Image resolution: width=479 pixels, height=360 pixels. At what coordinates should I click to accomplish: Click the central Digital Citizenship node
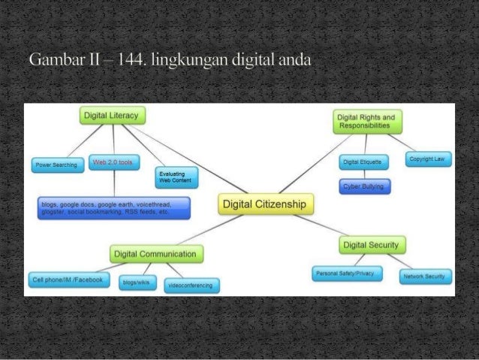(x=267, y=204)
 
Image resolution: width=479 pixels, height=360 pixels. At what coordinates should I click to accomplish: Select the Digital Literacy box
(x=113, y=115)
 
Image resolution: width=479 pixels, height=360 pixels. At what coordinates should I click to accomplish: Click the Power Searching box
(x=56, y=165)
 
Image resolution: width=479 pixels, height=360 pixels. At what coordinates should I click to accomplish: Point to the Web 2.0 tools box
(x=113, y=162)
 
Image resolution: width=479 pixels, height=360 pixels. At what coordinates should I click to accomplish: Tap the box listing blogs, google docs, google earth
(x=113, y=207)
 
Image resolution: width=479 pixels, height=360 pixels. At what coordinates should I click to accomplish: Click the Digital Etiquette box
(x=364, y=162)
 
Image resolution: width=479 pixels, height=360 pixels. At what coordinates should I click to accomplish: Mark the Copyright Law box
(x=428, y=159)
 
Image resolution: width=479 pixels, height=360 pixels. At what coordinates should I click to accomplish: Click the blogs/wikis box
(x=137, y=282)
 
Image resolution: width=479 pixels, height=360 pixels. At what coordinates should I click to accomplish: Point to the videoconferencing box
(x=191, y=285)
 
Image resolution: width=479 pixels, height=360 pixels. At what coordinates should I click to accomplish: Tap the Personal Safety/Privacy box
(x=347, y=274)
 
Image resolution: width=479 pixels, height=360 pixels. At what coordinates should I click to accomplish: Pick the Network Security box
(x=426, y=276)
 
